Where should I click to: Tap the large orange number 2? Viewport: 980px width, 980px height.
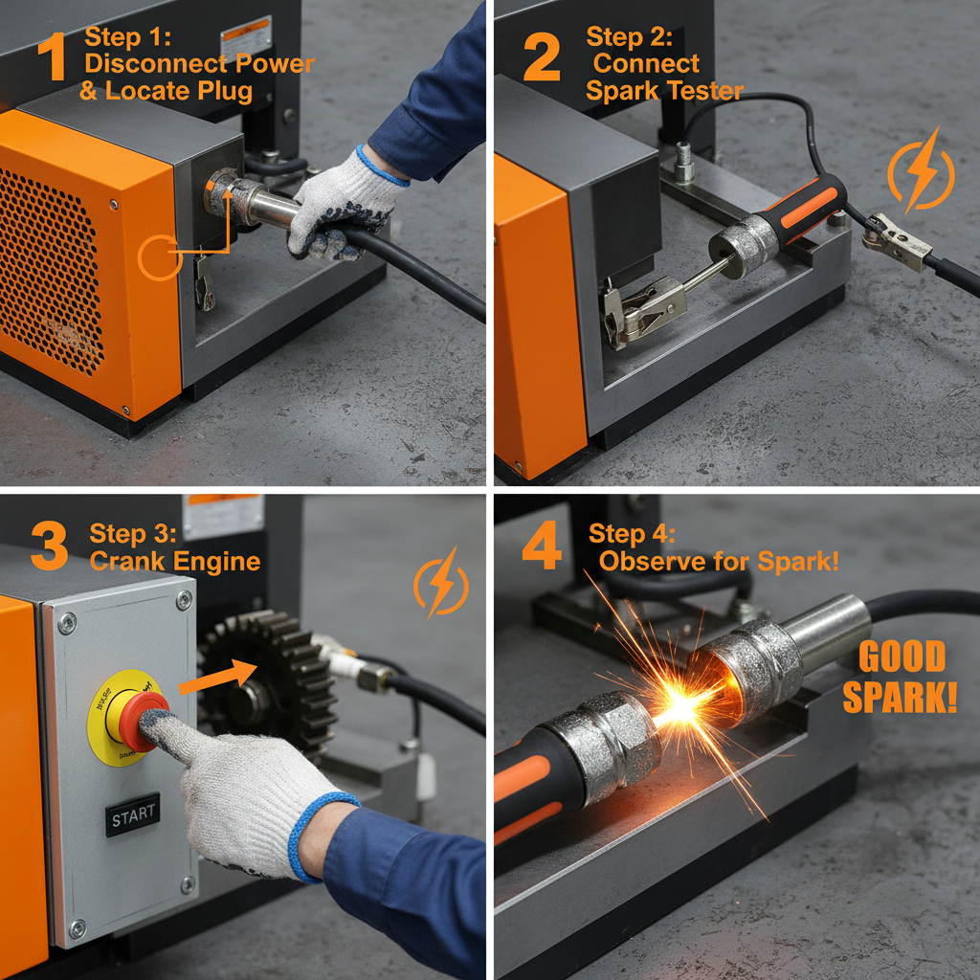pyautogui.click(x=542, y=57)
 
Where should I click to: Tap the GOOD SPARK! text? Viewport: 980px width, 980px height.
pyautogui.click(x=900, y=679)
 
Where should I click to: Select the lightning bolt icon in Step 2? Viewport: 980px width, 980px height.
pyautogui.click(x=921, y=170)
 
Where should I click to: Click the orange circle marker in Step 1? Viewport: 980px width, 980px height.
pyautogui.click(x=159, y=256)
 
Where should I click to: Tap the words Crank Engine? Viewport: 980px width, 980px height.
pyautogui.click(x=175, y=561)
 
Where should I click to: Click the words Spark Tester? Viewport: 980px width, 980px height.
pyautogui.click(x=664, y=91)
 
